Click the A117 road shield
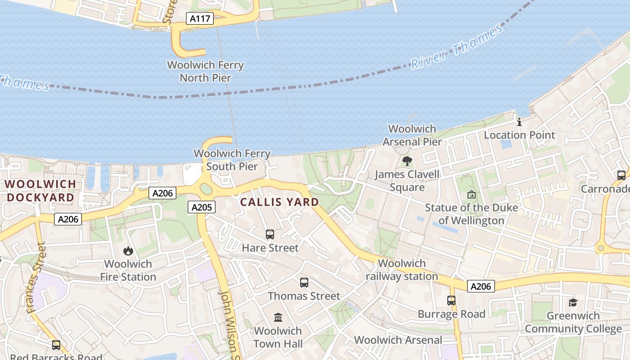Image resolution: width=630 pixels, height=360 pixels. [x=200, y=18]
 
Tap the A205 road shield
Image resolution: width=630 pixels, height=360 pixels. [x=202, y=207]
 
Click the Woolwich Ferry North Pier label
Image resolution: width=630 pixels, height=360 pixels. [x=205, y=71]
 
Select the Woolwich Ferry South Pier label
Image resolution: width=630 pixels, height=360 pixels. [x=232, y=160]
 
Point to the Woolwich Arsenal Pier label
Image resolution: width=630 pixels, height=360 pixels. [x=412, y=135]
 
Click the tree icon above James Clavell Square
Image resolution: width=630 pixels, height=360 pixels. [x=407, y=161]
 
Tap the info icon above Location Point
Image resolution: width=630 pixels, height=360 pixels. [x=519, y=122]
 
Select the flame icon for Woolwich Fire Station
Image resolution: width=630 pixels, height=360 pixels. [x=128, y=251]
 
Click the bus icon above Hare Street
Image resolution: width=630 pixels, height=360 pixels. [x=270, y=234]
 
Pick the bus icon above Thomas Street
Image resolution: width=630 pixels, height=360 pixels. [x=304, y=283]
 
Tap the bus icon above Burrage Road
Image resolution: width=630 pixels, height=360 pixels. [x=451, y=301]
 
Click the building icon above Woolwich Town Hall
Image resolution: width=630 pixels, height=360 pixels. [x=278, y=318]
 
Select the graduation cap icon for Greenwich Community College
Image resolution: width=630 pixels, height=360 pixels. [x=573, y=302]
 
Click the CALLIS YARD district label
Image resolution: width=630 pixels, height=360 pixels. [x=279, y=202]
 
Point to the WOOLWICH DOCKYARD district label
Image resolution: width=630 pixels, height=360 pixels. [x=40, y=191]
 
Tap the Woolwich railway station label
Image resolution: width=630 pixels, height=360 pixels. [x=402, y=270]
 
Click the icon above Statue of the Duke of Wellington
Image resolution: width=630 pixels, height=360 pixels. [x=471, y=194]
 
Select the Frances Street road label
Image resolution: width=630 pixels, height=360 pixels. [x=36, y=278]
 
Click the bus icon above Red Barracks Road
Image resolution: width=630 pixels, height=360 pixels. [x=56, y=345]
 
